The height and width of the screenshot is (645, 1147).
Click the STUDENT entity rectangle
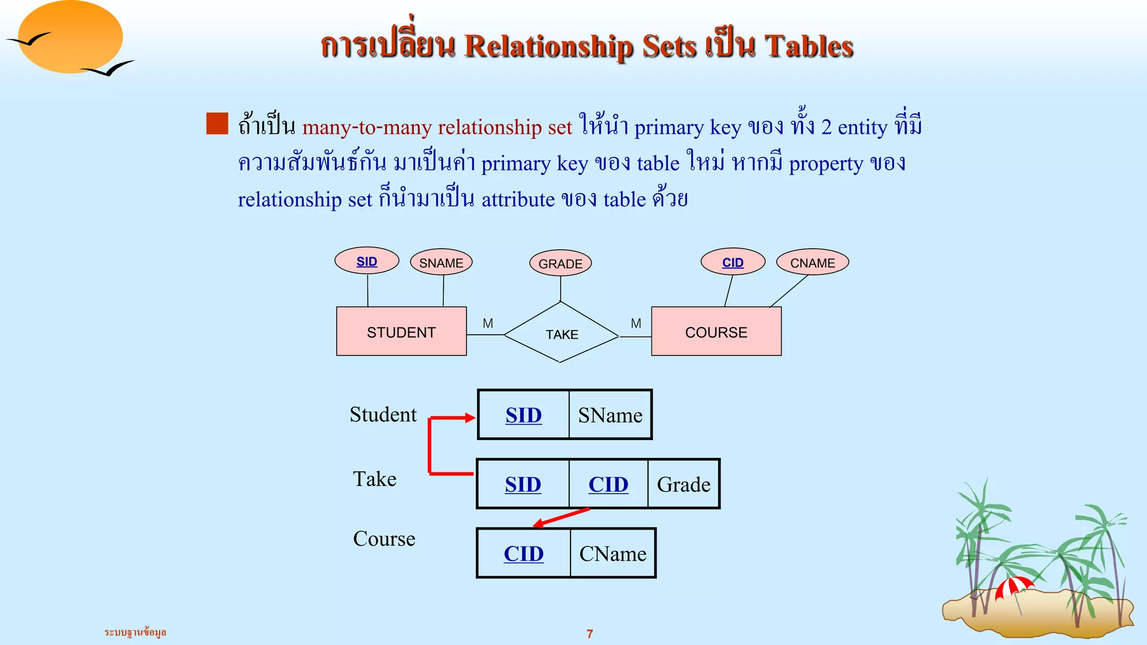click(x=401, y=331)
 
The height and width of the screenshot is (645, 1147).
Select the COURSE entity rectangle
click(x=716, y=331)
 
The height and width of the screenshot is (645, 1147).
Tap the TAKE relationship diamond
click(x=561, y=334)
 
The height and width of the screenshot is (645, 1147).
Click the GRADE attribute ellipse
click(x=560, y=263)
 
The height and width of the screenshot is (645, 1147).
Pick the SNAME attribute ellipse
click(x=441, y=263)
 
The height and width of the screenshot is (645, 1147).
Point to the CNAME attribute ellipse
click(x=812, y=263)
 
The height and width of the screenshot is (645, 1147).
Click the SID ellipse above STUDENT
click(x=367, y=261)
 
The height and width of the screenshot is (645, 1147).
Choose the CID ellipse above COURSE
click(x=733, y=262)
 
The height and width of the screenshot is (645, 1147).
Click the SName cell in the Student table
click(x=610, y=415)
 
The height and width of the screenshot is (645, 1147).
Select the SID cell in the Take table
click(x=523, y=484)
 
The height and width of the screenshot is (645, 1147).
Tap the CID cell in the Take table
click(x=608, y=484)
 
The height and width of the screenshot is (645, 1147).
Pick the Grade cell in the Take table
click(x=683, y=484)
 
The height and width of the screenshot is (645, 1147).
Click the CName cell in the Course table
click(x=613, y=554)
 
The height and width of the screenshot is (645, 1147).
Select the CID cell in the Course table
click(x=524, y=554)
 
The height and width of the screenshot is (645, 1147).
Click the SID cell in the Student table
click(x=524, y=415)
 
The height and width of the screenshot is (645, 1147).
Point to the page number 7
click(x=590, y=634)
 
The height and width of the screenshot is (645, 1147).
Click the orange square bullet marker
click(x=217, y=124)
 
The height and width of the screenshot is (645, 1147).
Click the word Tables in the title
click(x=809, y=46)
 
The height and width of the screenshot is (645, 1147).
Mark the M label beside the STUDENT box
click(x=488, y=323)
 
